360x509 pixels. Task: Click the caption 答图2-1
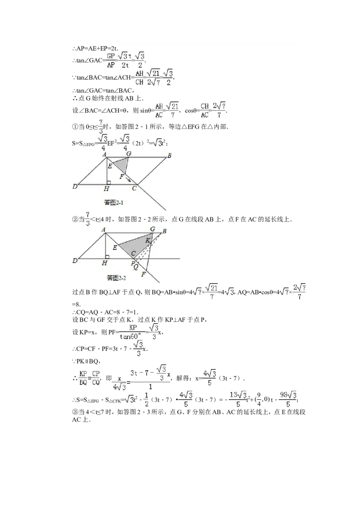[x=113, y=202]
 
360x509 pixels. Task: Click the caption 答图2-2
[x=116, y=278]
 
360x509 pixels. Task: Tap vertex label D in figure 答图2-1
[x=75, y=185]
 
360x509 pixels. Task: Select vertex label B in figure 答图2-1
[x=169, y=156]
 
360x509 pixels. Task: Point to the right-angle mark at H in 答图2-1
[x=108, y=183]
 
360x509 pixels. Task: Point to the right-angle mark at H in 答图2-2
[x=108, y=257]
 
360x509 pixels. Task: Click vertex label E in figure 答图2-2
[x=115, y=247]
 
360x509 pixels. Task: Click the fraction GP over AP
[x=110, y=60]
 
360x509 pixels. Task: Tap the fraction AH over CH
[x=139, y=77]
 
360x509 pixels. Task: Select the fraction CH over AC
[x=205, y=110]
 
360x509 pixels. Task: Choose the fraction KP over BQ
[x=83, y=378]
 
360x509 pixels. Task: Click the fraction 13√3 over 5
[x=238, y=399]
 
